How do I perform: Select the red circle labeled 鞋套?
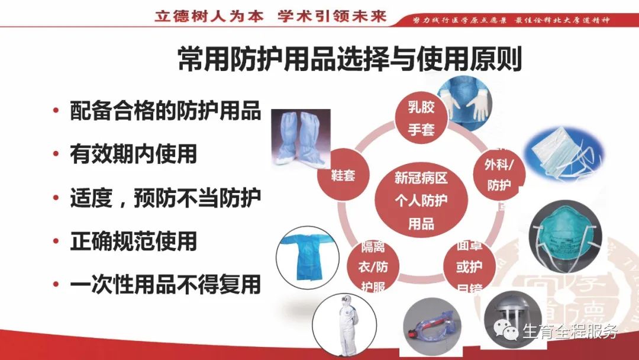pos(344,175)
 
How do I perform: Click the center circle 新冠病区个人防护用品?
pos(421,201)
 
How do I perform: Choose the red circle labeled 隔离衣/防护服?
pos(372,266)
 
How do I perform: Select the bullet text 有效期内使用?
pos(133,155)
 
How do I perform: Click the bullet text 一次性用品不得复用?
pos(165,285)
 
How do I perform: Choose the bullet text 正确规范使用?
pos(133,242)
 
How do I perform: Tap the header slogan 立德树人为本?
pos(208,16)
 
